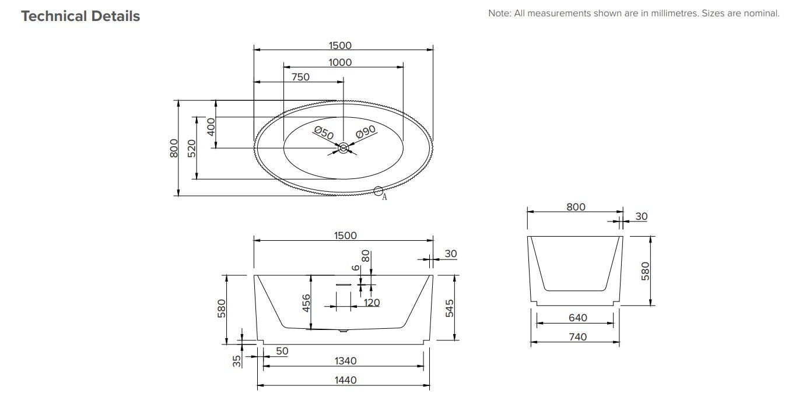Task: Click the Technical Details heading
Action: [x=80, y=16]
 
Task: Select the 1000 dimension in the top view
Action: [x=340, y=62]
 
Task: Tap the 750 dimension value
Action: [x=300, y=77]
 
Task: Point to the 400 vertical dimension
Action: [x=211, y=125]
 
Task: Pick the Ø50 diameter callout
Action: [x=324, y=133]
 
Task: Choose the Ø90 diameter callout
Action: [x=365, y=133]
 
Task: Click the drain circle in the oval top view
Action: [x=344, y=149]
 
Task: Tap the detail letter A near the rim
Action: [x=384, y=197]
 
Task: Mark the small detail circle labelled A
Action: [x=378, y=190]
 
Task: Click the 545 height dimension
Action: [x=449, y=307]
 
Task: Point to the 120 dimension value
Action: [x=372, y=302]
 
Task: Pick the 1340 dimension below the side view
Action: [x=345, y=361]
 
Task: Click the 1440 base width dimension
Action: [x=345, y=380]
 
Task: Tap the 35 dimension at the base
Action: [x=237, y=361]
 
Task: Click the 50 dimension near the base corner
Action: [x=282, y=351]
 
